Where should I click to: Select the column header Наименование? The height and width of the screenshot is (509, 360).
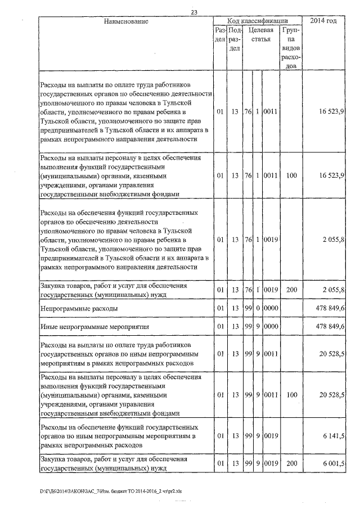click(x=126, y=21)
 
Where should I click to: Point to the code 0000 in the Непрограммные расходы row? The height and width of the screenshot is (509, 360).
click(x=271, y=309)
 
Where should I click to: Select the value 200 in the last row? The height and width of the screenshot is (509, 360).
click(x=291, y=463)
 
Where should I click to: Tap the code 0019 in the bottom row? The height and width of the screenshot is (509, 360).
click(x=271, y=463)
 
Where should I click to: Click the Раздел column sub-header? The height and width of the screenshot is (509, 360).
click(x=220, y=34)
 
